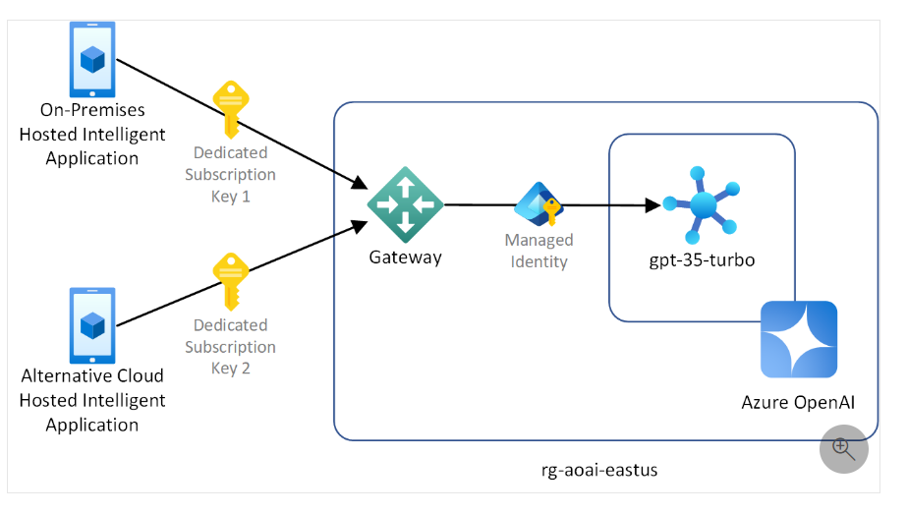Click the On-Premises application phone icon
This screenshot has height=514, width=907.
92,60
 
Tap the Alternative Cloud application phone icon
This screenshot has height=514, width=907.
92,325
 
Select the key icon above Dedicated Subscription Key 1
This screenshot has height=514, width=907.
231,108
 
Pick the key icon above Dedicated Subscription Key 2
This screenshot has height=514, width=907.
231,280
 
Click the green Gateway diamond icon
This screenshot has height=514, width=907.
405,204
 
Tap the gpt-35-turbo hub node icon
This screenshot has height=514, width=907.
702,205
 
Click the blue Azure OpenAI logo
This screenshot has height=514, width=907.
798,339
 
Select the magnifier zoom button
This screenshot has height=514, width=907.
844,448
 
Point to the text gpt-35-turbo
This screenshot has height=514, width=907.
701,261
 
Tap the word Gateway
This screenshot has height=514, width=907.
405,258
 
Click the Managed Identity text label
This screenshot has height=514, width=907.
539,251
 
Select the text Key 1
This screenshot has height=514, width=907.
231,196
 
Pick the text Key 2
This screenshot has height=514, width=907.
231,368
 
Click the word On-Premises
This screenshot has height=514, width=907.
92,109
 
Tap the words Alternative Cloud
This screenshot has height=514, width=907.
92,375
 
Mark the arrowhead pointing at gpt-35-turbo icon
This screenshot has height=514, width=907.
652,205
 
